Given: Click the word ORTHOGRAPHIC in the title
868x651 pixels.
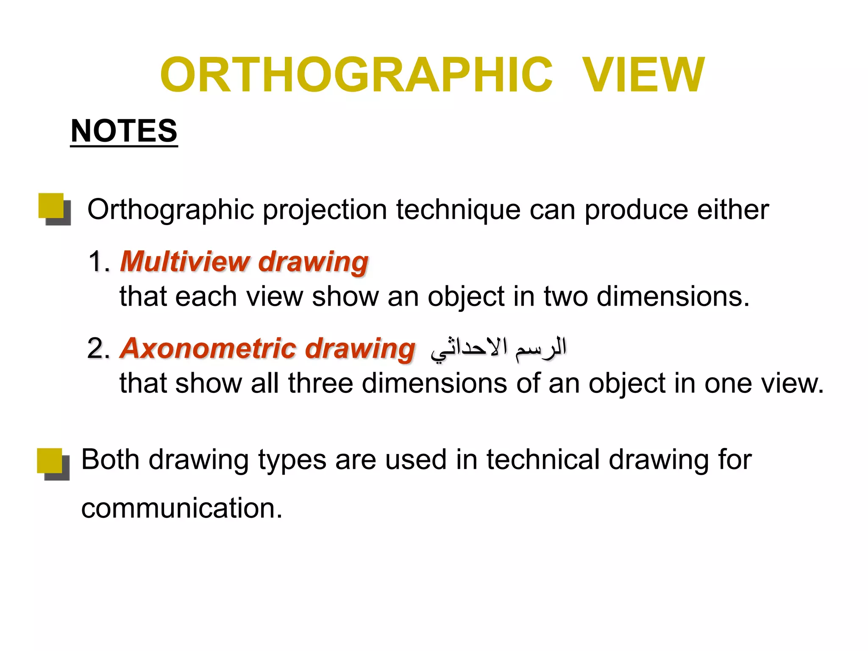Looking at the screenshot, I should tap(356, 75).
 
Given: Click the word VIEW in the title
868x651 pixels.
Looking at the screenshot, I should tap(643, 75).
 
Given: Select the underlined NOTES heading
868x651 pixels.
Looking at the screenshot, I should tap(124, 131).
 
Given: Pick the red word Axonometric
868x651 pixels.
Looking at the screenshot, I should tap(208, 349).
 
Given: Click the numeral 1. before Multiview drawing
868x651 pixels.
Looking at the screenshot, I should tap(99, 262).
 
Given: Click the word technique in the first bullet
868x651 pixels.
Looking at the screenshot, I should tap(458, 210).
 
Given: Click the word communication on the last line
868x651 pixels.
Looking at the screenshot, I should tap(181, 508).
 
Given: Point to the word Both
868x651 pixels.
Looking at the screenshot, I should tap(110, 460).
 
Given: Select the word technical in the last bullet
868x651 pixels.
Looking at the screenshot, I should tap(543, 460).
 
